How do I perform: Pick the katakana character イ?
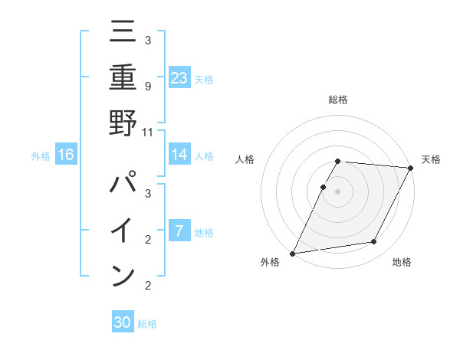(123, 231)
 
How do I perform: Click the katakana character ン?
(123, 273)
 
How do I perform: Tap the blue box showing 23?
(179, 77)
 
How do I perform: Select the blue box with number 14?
(179, 155)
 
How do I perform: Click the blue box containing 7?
(179, 231)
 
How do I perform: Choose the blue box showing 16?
(66, 155)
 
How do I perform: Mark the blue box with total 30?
(123, 322)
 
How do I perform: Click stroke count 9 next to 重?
(147, 86)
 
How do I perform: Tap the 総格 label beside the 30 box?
(147, 324)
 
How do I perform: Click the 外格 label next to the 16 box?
(41, 156)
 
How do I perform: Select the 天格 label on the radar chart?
(431, 159)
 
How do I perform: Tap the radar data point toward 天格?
(411, 168)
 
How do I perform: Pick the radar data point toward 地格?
(374, 242)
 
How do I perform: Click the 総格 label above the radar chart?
(338, 100)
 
